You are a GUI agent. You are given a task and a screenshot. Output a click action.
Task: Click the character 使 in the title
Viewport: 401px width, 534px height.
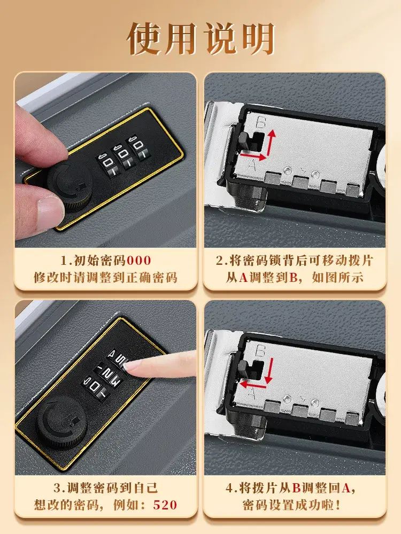click(x=146, y=38)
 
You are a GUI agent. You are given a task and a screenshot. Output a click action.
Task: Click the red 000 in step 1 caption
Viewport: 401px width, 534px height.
click(x=139, y=261)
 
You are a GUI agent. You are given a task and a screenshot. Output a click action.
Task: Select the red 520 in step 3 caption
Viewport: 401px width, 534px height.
click(x=165, y=505)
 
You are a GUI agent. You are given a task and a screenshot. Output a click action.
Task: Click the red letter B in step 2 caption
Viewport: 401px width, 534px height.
click(x=294, y=278)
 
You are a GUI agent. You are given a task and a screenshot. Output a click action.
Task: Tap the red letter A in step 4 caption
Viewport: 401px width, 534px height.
click(x=346, y=488)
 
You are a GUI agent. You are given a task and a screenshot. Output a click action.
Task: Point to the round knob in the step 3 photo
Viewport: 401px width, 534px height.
click(x=60, y=422)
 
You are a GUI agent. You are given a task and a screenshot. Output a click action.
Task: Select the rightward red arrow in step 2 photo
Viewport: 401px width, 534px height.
click(x=253, y=156)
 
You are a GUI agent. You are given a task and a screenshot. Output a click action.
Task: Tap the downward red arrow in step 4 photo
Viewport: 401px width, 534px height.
click(x=269, y=370)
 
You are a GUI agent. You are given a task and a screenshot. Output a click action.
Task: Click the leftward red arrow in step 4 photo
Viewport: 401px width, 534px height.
click(x=253, y=385)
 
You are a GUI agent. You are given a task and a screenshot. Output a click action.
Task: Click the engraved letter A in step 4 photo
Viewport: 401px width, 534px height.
click(x=251, y=394)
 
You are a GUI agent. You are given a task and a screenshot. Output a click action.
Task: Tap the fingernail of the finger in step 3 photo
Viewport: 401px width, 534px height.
click(x=132, y=366)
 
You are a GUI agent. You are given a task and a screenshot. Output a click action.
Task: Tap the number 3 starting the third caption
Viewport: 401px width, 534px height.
click(x=57, y=488)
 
